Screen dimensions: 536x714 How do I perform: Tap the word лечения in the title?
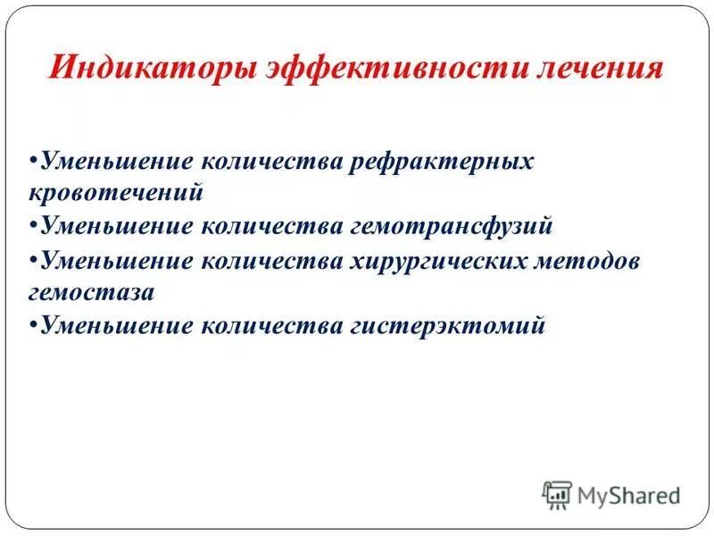click(600, 69)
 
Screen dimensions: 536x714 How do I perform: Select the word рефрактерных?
click(440, 162)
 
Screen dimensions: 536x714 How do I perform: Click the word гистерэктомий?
click(444, 326)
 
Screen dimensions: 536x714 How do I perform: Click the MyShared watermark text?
click(628, 493)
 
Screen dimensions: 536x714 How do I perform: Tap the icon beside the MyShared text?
click(557, 493)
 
